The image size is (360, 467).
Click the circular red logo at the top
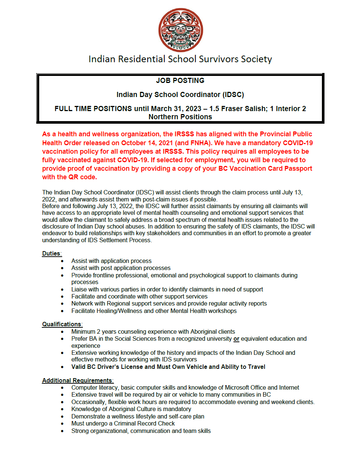[x=181, y=30]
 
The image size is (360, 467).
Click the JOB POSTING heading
[x=180, y=80]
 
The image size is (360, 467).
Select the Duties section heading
[x=51, y=253]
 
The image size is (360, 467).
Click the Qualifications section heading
[x=62, y=324]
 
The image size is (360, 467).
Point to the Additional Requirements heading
[x=77, y=380]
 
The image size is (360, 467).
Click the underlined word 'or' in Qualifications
[x=236, y=339]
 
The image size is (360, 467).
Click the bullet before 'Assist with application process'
[x=62, y=261]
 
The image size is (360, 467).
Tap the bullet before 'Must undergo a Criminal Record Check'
[x=62, y=424]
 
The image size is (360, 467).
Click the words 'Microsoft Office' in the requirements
[x=245, y=387]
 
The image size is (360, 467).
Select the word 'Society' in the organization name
[x=256, y=59]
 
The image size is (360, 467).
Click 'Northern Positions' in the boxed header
[x=180, y=117]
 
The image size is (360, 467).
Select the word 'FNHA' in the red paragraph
[x=200, y=143]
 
